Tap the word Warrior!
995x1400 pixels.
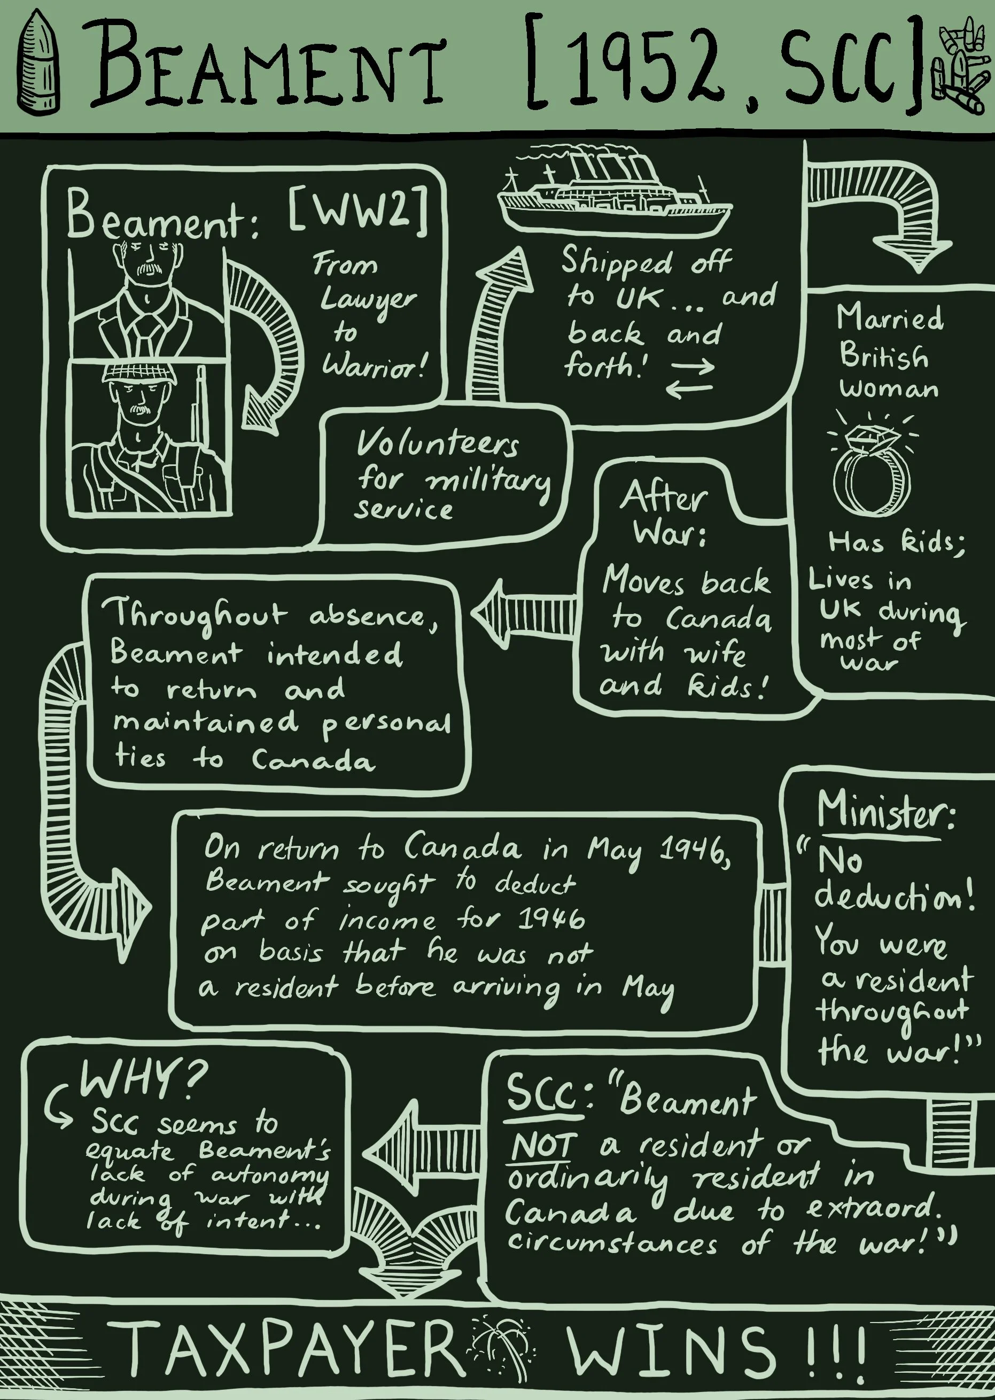point(373,366)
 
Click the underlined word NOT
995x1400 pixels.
point(543,1146)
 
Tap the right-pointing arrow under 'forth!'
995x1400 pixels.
point(693,367)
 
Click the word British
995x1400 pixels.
point(883,355)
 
